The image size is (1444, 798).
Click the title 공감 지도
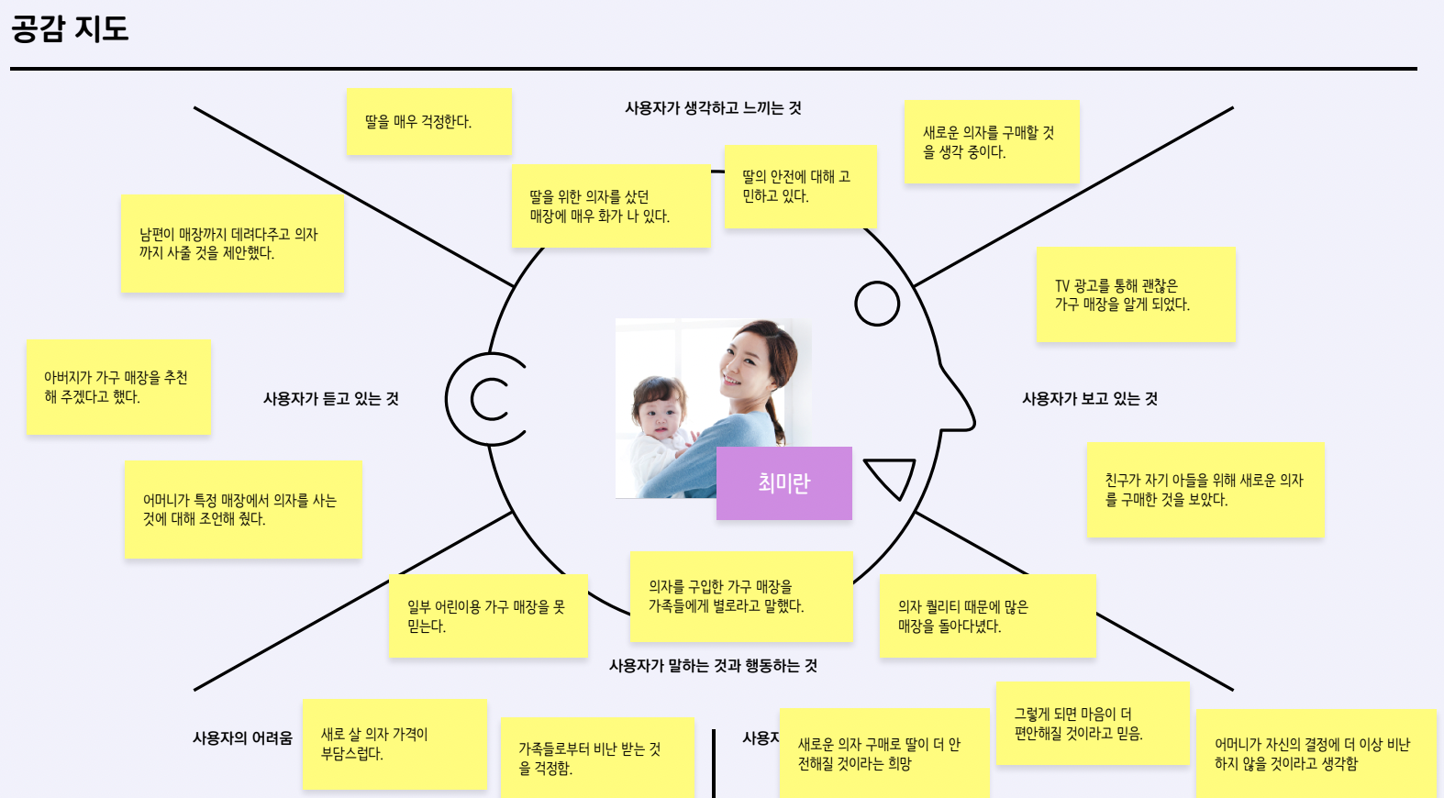coord(70,29)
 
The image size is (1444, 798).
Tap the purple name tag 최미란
coord(783,483)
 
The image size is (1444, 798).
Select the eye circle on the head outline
coord(877,304)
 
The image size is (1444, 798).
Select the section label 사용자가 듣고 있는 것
coord(330,399)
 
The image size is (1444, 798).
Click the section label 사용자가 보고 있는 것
coord(1090,399)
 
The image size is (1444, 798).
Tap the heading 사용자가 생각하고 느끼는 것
coord(713,108)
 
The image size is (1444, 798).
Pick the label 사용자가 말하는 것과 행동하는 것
coord(713,666)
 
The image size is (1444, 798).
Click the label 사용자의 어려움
coord(242,738)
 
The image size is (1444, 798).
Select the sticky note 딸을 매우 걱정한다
coord(428,122)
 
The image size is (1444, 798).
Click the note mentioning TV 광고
coord(1136,295)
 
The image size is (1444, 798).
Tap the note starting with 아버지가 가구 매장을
coord(118,387)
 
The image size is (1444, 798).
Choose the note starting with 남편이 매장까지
coord(232,244)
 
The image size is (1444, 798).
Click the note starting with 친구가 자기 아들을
coord(1205,490)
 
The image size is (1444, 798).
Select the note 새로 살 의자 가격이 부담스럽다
coord(394,744)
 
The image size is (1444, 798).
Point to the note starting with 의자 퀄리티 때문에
coord(987,616)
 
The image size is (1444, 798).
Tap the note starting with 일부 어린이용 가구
coord(488,616)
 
